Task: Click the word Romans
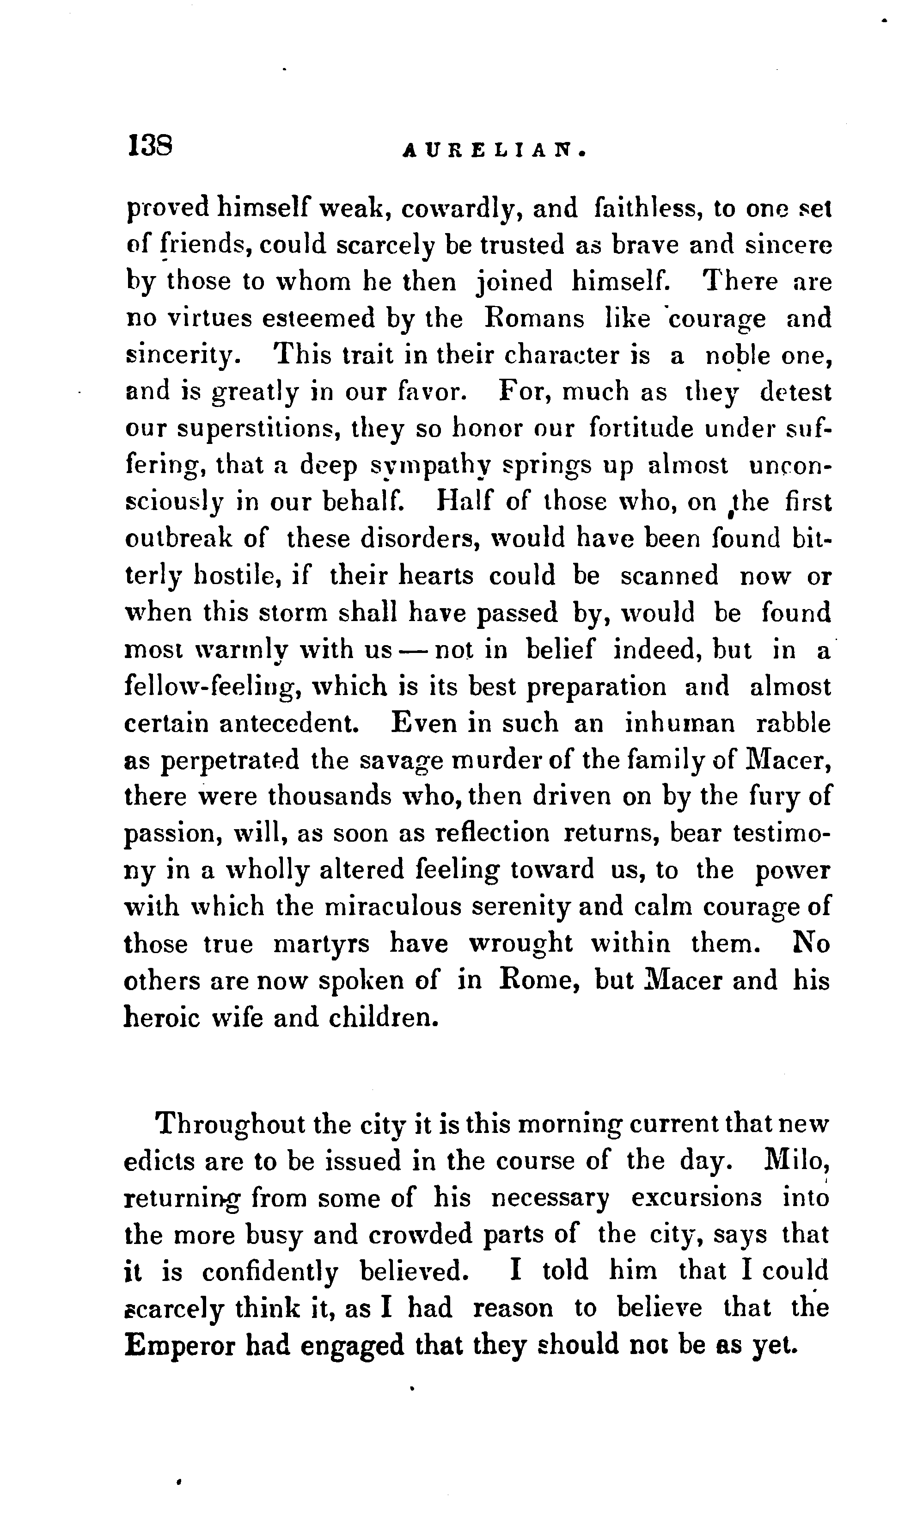click(534, 319)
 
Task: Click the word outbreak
click(178, 539)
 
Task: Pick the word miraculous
click(396, 907)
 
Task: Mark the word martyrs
click(321, 944)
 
